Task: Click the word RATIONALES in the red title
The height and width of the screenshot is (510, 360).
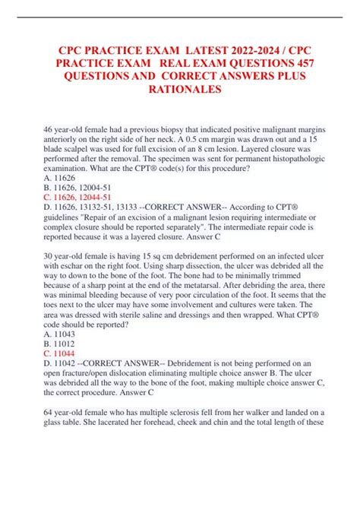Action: (179, 90)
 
